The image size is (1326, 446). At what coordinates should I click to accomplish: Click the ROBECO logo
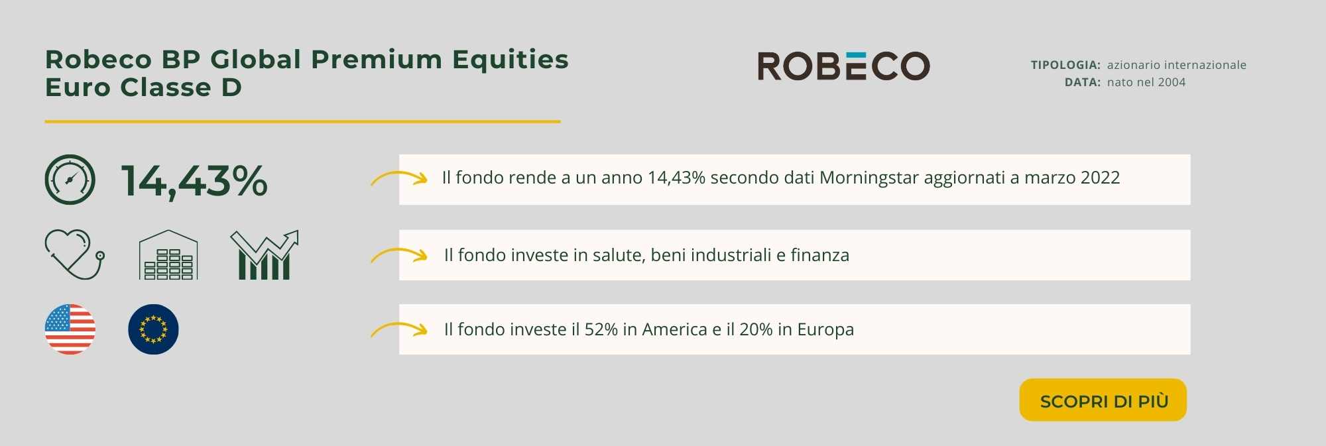843,66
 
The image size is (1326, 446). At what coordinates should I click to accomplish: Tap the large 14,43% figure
194,181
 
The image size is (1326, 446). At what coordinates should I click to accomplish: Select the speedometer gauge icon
70,180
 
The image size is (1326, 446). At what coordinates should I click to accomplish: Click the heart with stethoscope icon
74,254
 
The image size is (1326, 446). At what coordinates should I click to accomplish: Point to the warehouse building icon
168,255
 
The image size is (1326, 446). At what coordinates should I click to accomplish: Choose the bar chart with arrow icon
265,255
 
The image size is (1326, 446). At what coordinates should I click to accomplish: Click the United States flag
70,329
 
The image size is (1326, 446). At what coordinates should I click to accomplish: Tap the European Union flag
153,329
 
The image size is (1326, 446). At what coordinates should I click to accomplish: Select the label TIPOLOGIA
1065,65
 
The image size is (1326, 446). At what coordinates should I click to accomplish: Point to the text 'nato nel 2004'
1146,82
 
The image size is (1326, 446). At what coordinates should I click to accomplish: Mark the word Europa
825,330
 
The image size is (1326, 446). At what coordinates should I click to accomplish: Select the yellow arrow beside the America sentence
398,329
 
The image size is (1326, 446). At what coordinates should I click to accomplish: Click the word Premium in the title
377,60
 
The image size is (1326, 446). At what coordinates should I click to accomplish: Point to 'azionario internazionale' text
1177,65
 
